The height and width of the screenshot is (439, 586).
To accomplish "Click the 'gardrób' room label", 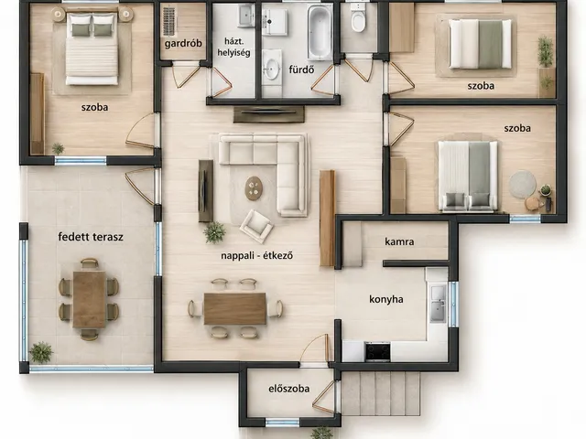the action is [183, 44].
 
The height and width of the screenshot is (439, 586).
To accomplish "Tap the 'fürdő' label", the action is [301, 70].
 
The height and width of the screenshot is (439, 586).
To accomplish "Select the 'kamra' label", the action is [399, 241].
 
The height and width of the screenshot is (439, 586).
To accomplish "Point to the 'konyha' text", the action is [386, 299].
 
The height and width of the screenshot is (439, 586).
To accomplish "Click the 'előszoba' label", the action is [289, 389].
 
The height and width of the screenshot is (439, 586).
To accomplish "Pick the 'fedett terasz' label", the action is [91, 237].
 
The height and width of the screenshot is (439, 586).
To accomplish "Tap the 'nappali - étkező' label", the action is [256, 256].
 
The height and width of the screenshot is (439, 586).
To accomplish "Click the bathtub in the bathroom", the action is [320, 33].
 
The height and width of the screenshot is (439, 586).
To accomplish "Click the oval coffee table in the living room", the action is [254, 188].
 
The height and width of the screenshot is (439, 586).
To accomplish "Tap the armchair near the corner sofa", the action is [256, 226].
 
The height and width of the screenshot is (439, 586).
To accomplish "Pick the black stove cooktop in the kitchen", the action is [377, 351].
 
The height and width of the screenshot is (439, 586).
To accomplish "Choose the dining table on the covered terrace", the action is [90, 299].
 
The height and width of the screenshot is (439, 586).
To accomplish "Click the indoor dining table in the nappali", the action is [234, 308].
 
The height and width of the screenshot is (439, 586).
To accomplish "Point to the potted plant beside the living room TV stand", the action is [214, 232].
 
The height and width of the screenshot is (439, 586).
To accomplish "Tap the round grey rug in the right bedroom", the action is [523, 184].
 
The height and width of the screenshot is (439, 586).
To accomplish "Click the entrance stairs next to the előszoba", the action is [381, 393].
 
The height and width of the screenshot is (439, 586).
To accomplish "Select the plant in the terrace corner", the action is [40, 352].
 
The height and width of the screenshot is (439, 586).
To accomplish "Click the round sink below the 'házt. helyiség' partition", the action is [271, 69].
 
